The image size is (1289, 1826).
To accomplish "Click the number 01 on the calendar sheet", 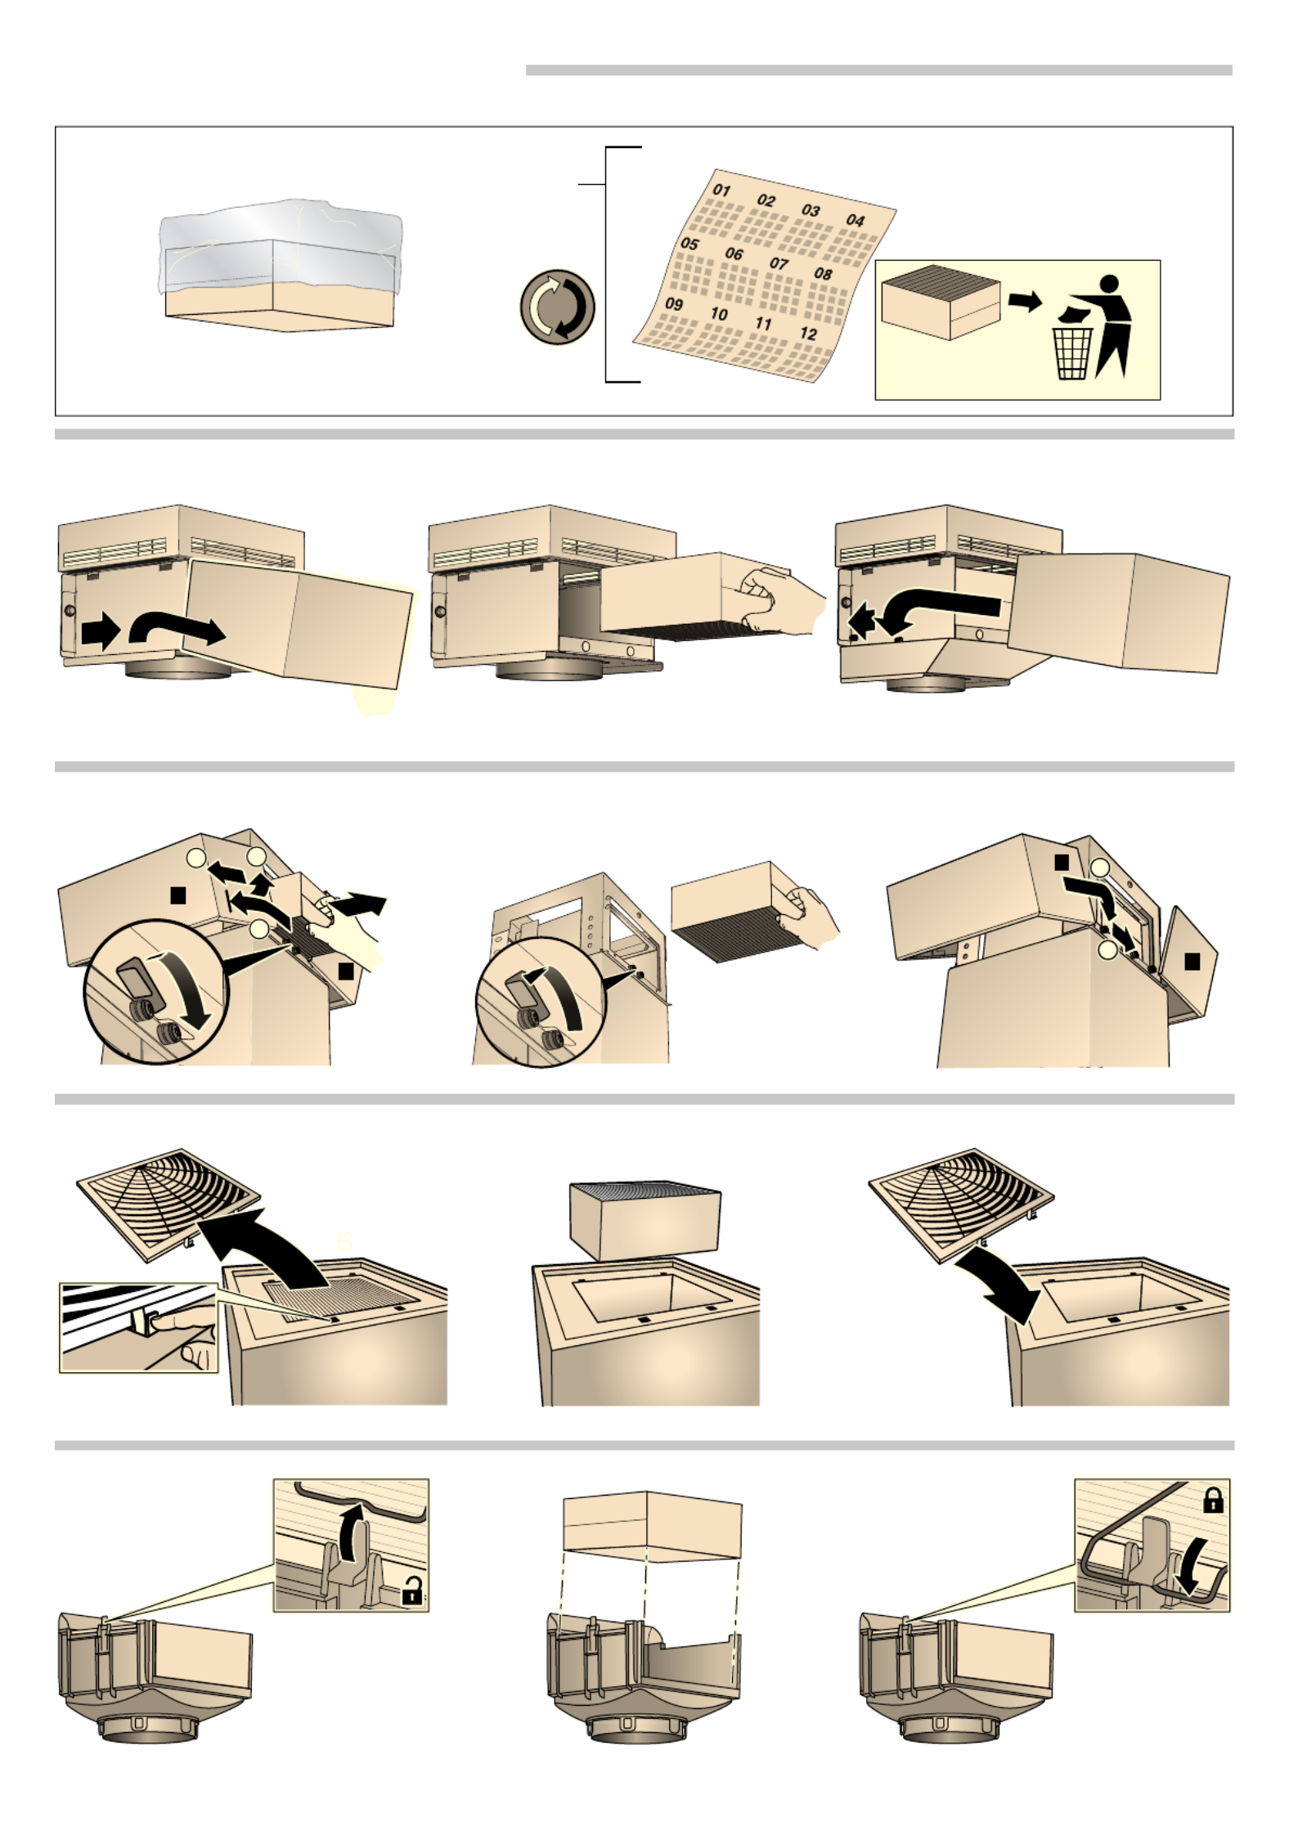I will (721, 190).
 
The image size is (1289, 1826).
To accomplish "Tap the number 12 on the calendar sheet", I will (808, 333).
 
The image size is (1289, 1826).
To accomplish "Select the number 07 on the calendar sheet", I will (779, 263).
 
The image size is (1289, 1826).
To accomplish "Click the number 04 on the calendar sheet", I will (855, 220).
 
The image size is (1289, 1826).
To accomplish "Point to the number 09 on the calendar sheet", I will (674, 303).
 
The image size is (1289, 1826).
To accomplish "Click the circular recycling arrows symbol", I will (557, 307).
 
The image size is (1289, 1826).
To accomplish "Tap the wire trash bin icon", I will (1072, 353).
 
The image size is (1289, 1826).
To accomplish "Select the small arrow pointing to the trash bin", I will (1024, 302).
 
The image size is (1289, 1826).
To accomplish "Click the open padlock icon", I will (412, 1592).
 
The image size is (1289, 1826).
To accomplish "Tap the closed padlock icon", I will (1213, 1501).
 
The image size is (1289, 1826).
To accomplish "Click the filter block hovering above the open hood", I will (644, 1220).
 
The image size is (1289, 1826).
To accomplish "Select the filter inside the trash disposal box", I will (941, 301).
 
